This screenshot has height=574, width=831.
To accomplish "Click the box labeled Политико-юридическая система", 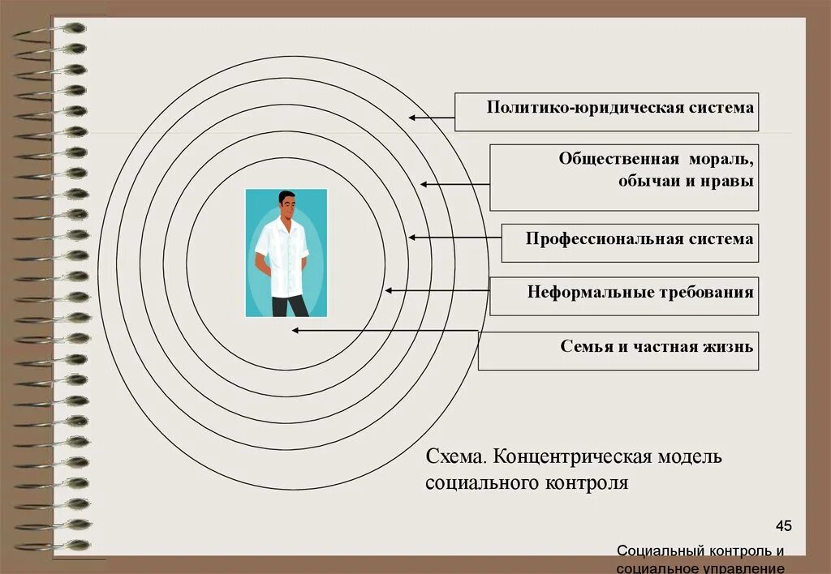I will (606, 112).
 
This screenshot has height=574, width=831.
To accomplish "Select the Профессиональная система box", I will (630, 243).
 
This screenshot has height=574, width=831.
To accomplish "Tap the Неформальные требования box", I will (623, 296).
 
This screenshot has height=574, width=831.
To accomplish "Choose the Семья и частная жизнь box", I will (618, 351).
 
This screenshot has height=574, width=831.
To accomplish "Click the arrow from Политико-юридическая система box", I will (431, 118).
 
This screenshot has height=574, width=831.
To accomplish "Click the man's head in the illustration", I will (286, 203).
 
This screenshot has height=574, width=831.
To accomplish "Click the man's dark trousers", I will (288, 306).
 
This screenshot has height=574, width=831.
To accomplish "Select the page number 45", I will (783, 526).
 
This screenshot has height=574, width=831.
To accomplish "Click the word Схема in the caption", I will (454, 456).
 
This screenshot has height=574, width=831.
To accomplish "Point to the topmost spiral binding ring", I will (65, 28).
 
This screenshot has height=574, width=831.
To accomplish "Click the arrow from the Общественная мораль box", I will (454, 184).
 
